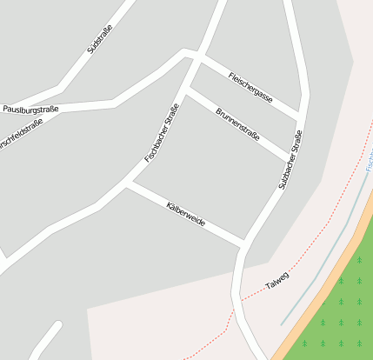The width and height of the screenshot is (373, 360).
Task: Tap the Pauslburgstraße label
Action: (x=30, y=110)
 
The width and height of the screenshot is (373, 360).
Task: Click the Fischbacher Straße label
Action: (x=162, y=133)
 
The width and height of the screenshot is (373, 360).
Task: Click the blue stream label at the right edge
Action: (x=369, y=162)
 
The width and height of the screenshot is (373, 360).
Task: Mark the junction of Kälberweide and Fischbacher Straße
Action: (x=128, y=183)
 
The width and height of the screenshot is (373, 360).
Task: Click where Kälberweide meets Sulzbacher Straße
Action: (x=243, y=242)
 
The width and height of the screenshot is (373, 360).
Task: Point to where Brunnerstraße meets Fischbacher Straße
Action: (x=189, y=90)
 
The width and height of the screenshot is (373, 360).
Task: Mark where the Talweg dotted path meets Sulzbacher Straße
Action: (x=236, y=301)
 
